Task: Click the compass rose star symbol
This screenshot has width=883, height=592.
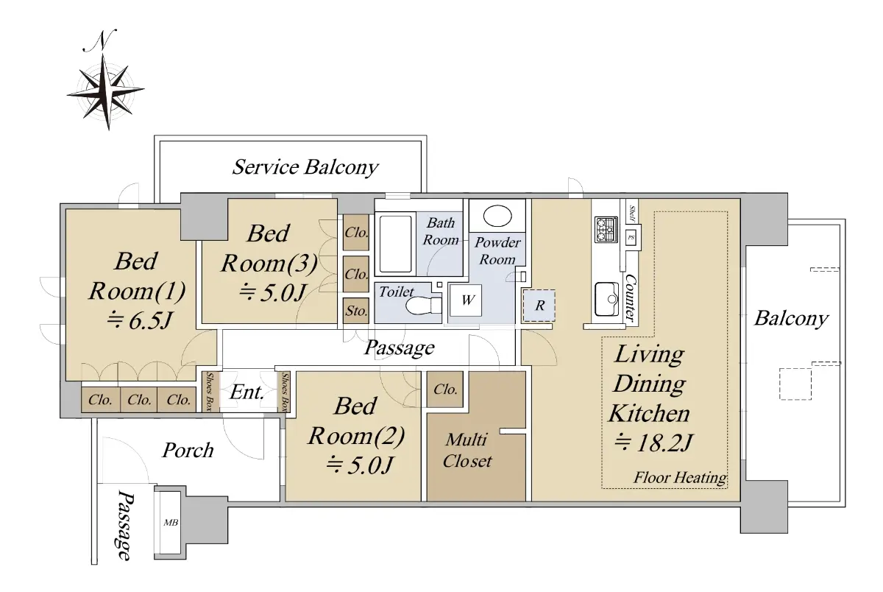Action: pos(105,92)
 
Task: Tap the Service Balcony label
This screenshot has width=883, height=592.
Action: pos(305,167)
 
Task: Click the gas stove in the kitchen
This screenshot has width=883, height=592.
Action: pos(606,230)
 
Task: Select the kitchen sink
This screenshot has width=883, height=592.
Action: pos(606,298)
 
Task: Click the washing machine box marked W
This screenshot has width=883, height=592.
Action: pos(466,300)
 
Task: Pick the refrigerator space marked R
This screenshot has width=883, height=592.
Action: pos(539,306)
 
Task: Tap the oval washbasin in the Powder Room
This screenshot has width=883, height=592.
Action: pos(497,216)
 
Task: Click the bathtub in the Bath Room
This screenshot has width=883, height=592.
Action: pos(395,244)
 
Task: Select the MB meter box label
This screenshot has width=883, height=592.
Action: pos(171,523)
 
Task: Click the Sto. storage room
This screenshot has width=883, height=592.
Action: pos(356,311)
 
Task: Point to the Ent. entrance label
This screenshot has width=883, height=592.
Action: pos(247,392)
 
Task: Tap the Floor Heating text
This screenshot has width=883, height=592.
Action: pos(680,478)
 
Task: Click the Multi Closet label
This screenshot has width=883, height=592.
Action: pos(467,451)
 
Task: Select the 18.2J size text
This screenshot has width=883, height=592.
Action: pos(653,443)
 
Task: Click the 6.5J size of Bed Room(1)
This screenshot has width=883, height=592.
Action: pos(140,320)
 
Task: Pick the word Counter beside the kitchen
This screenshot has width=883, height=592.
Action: pos(630,297)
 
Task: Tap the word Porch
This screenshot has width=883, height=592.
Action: pos(188,450)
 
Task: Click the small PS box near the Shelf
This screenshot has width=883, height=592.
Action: pos(631,237)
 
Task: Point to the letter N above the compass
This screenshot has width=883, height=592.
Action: pos(100,40)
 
